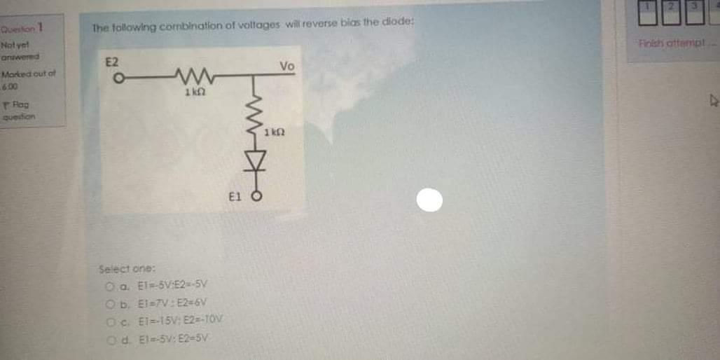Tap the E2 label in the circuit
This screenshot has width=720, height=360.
click(112, 62)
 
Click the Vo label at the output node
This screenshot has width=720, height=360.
click(286, 67)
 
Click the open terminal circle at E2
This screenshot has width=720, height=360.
click(119, 78)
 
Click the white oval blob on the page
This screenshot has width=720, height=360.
click(430, 201)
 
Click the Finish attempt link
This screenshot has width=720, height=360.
click(661, 46)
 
